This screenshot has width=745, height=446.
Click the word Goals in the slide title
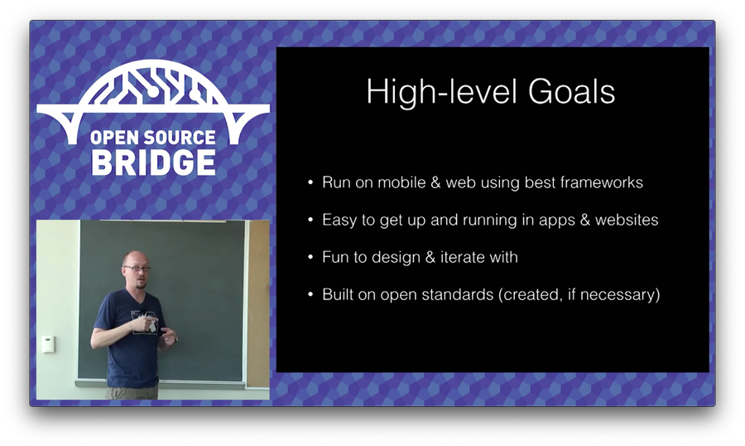[571, 91]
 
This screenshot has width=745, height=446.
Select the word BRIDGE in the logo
[153, 162]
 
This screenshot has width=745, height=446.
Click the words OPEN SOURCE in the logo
[153, 138]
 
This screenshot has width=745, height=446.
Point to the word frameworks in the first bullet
[602, 182]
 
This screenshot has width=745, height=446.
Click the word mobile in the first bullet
[401, 182]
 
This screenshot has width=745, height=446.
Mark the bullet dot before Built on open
[310, 294]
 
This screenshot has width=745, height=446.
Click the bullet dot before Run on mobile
[310, 182]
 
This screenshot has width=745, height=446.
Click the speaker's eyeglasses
[137, 269]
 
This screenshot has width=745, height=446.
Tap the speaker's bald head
[135, 259]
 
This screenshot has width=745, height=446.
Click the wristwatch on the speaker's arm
[175, 339]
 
